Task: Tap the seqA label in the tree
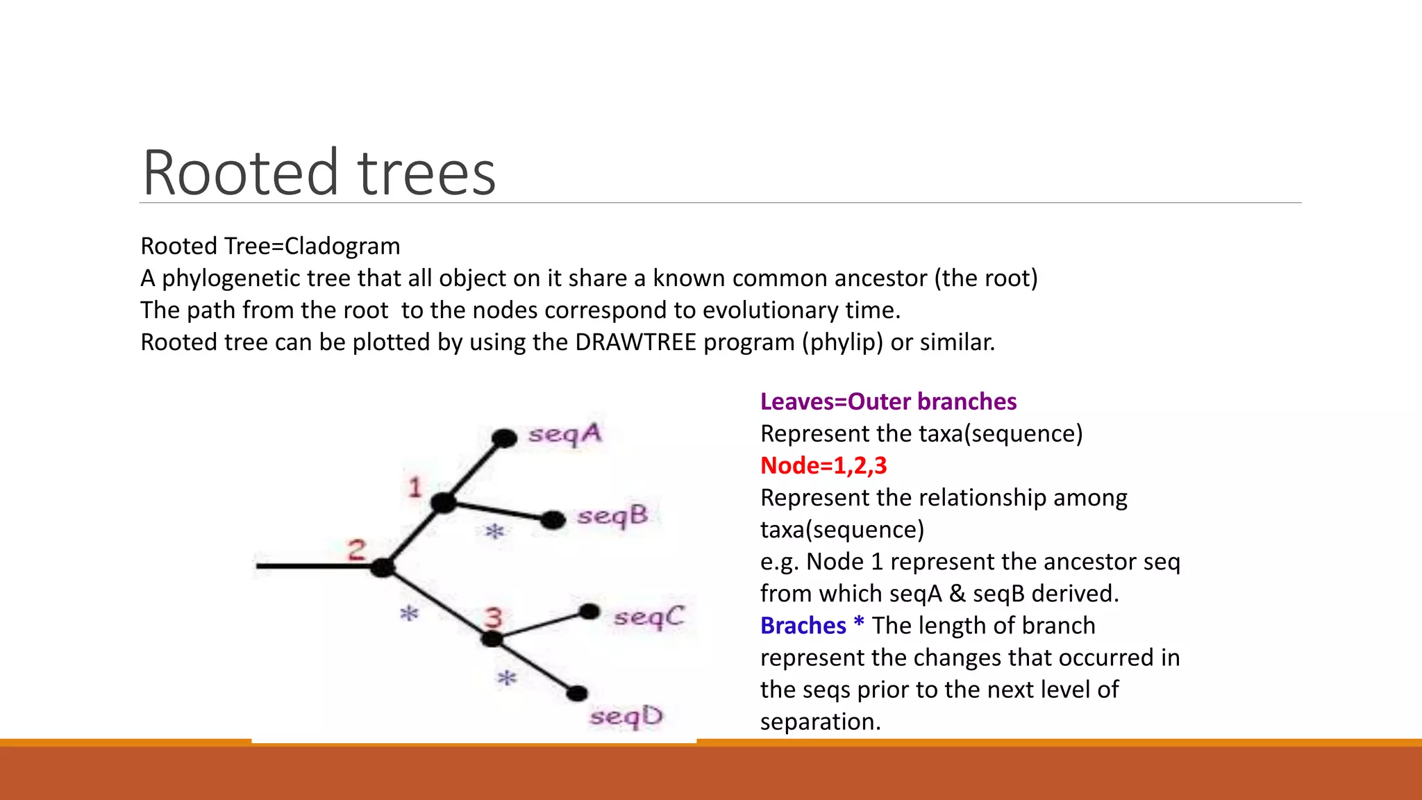point(564,435)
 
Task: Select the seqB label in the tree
point(612,517)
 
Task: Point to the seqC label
point(649,617)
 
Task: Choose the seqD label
point(626,717)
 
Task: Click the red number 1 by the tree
point(415,487)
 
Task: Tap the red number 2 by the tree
point(356,550)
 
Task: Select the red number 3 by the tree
point(493,617)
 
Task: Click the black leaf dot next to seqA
point(504,438)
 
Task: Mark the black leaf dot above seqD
point(576,693)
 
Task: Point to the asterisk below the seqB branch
point(494,533)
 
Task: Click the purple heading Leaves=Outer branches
point(888,401)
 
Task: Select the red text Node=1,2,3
point(823,465)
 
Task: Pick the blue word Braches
point(803,626)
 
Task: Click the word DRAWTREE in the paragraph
point(635,342)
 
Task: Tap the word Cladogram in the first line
point(342,247)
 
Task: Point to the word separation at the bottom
point(819,722)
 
